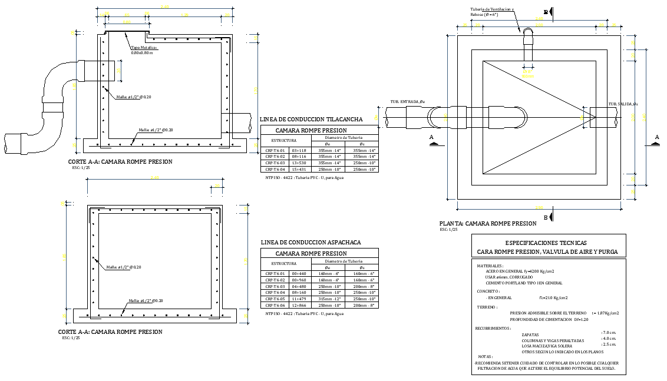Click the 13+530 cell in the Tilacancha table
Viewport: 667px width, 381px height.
click(x=299, y=163)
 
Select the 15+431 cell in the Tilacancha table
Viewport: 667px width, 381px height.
click(x=299, y=169)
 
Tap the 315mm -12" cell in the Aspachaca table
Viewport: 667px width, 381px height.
click(x=330, y=299)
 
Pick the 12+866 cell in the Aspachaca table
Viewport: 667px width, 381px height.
click(x=299, y=305)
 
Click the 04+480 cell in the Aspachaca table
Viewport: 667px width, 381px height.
click(x=299, y=286)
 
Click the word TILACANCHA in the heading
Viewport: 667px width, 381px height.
click(x=344, y=120)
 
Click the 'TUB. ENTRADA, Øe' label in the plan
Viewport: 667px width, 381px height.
click(x=407, y=102)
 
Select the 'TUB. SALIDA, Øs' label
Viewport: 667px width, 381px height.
click(x=623, y=104)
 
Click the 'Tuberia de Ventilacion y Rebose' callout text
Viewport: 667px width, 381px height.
click(x=491, y=12)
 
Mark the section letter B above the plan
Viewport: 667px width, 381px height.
click(x=546, y=12)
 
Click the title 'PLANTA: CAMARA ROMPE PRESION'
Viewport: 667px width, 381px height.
click(x=488, y=224)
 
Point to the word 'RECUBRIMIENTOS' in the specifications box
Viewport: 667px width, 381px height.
click(x=493, y=327)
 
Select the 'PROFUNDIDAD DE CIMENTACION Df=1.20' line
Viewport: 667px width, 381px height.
click(x=549, y=319)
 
